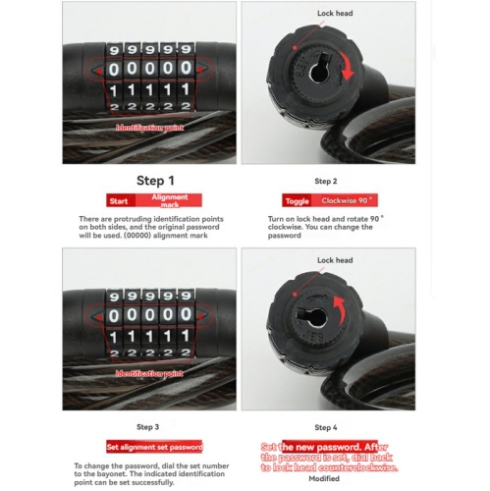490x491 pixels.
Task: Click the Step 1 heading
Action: coord(154,181)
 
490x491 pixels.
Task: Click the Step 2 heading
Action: coord(326,182)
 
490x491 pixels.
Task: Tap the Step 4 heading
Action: coord(326,427)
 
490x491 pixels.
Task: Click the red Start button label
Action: coord(119,199)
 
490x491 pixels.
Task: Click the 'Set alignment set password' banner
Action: coord(154,446)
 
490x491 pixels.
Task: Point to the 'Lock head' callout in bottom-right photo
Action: coord(337,260)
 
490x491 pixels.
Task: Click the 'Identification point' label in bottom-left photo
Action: coord(149,375)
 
